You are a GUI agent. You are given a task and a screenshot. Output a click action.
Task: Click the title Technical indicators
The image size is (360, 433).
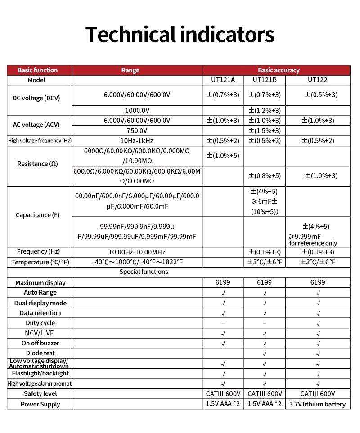180,35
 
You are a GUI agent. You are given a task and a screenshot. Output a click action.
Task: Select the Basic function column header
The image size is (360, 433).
38,70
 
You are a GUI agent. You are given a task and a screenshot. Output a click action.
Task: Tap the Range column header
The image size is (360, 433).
130,70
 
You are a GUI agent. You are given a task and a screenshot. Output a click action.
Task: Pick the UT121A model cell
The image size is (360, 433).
223,80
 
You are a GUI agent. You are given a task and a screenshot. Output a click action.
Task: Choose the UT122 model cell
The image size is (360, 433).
318,80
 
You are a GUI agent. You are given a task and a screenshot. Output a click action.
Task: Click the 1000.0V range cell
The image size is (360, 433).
137,111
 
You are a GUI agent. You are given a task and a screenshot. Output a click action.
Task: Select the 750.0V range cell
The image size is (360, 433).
137,131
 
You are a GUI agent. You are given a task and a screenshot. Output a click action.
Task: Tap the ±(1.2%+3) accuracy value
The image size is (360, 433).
265,111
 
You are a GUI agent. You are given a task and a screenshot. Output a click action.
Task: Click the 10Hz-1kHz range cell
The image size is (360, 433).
137,141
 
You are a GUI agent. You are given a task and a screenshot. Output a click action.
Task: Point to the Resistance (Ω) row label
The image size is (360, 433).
38,164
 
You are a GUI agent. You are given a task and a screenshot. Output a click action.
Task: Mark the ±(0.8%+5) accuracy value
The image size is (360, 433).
265,176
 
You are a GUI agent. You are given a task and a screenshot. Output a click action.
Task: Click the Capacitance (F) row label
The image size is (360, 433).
38,215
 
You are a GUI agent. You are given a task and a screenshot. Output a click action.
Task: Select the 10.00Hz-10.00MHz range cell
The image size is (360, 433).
137,252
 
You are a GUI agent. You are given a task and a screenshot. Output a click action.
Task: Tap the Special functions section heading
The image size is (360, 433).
144,272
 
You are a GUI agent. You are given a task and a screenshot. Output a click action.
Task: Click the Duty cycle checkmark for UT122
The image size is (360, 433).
318,323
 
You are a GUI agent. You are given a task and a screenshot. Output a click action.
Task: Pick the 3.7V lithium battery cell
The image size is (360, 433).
318,404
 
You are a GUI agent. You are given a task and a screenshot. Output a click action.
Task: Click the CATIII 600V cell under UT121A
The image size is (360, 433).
223,393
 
